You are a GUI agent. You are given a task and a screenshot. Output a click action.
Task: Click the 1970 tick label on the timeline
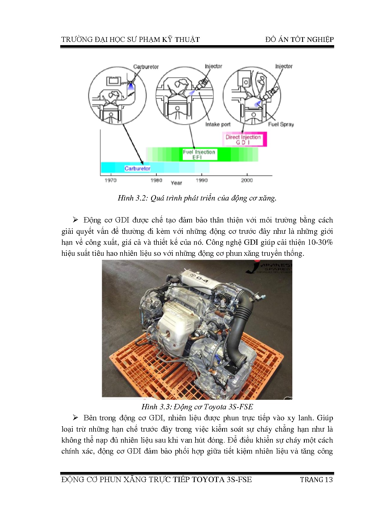coord(110,180)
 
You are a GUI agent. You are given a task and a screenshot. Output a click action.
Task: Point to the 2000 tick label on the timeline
coord(247,180)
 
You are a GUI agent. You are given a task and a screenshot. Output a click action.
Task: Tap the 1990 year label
coord(202,180)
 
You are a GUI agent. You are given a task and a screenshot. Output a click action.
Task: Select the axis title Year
coord(176,183)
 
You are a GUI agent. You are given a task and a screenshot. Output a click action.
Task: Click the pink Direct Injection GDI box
coord(244,139)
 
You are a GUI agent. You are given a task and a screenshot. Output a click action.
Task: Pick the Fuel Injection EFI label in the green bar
coord(199,154)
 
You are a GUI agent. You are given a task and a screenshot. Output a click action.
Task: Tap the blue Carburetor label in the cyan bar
coord(137,168)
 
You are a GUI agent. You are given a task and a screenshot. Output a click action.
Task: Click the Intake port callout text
coord(218,124)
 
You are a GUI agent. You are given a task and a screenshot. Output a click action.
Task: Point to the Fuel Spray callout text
coord(281,124)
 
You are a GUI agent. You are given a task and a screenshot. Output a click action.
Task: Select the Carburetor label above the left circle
coord(146,67)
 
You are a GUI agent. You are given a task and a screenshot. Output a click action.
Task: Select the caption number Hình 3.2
coord(133,198)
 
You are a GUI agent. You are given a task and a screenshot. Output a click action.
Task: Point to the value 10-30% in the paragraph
coord(320,242)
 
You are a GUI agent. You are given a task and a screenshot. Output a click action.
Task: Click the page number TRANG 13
coord(316,479)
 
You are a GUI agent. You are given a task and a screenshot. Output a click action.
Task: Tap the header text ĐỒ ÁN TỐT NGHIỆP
coord(299,40)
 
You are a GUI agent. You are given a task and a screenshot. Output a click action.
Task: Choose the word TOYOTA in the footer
coord(208,479)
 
